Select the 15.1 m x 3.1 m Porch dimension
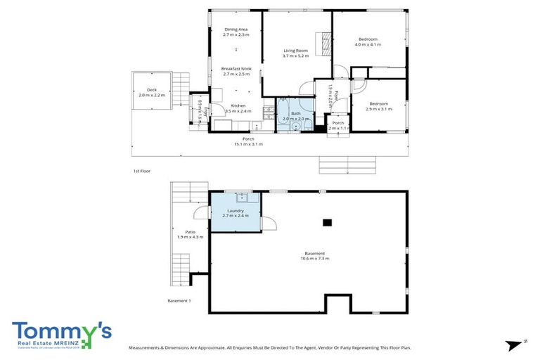(248, 144)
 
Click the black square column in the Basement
(327, 222)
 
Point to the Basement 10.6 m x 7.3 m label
(315, 256)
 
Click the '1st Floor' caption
(141, 171)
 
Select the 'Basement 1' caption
(179, 301)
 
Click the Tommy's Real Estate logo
(62, 335)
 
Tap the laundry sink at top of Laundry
(242, 196)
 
